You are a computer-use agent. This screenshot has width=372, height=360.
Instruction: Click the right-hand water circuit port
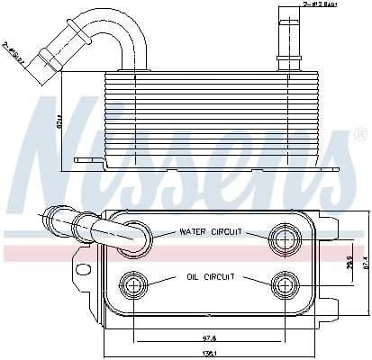(283, 238)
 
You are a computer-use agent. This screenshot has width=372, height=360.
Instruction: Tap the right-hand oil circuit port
(283, 284)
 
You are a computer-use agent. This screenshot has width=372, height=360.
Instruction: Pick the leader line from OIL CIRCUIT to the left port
(163, 280)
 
